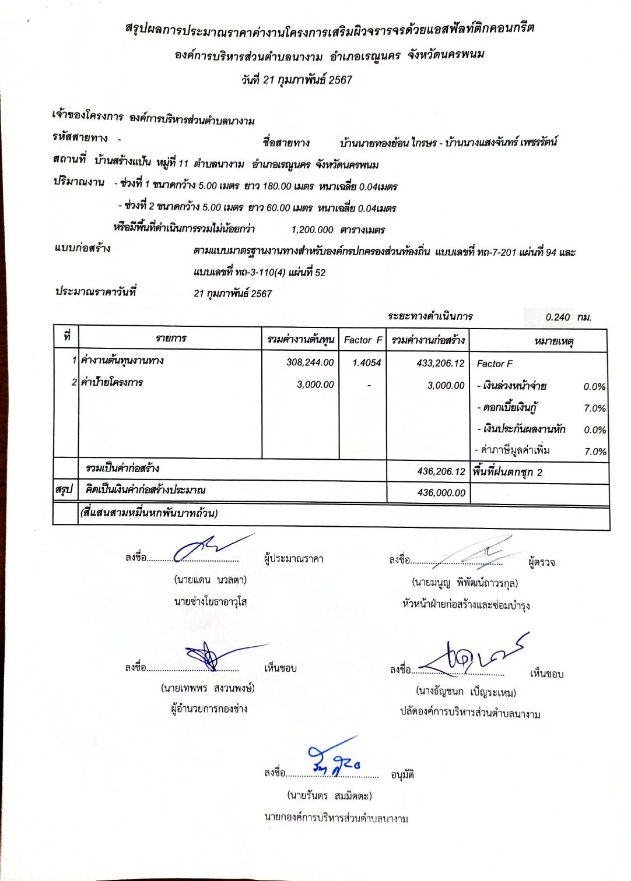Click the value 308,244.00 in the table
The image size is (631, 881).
tap(310, 362)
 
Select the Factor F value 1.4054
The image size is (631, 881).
tap(366, 362)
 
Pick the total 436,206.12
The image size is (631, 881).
tap(441, 471)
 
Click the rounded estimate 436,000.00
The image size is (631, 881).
tap(441, 493)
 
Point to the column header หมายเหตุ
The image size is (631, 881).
tap(553, 340)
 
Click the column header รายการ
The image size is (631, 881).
tap(171, 339)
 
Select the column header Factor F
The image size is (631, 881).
tap(363, 340)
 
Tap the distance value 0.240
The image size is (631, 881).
tap(558, 317)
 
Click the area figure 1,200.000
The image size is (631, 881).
tap(312, 230)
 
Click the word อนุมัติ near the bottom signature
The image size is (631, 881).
tap(402, 775)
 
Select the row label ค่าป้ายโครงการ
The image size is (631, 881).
tap(111, 382)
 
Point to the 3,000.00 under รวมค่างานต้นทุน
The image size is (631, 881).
tap(315, 385)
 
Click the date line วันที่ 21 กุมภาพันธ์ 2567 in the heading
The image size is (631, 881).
tap(297, 80)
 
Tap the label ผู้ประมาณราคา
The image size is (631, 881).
tap(293, 558)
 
